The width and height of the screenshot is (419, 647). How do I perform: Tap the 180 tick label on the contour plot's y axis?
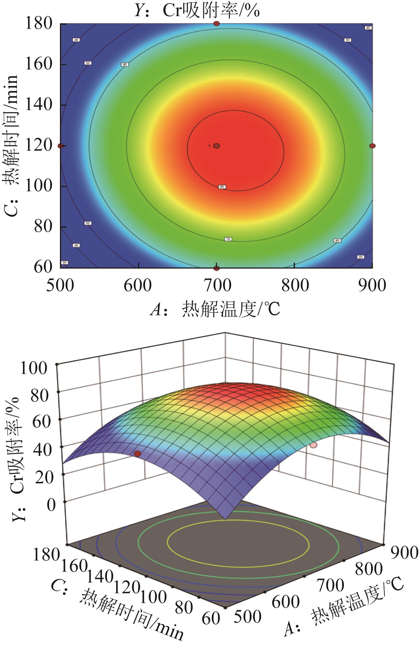(x=39, y=24)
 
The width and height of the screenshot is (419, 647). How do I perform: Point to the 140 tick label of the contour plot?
(x=39, y=105)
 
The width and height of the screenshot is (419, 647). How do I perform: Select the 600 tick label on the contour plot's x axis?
(x=138, y=286)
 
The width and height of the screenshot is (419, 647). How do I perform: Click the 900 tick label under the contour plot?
(x=372, y=286)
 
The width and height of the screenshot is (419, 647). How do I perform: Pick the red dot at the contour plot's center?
(x=217, y=146)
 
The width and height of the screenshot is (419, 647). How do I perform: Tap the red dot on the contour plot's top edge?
(x=217, y=24)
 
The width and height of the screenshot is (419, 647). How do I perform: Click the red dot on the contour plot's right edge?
(x=372, y=146)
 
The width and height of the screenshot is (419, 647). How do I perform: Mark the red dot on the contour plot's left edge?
(x=61, y=146)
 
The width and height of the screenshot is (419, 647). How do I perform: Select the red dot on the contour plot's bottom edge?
(x=217, y=268)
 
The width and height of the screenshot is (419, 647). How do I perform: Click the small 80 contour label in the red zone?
(x=222, y=187)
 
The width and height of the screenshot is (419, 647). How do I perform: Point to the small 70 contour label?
(x=228, y=239)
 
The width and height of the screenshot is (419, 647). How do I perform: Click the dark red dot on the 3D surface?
(x=138, y=454)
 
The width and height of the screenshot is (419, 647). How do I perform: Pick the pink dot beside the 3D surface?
(x=314, y=445)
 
